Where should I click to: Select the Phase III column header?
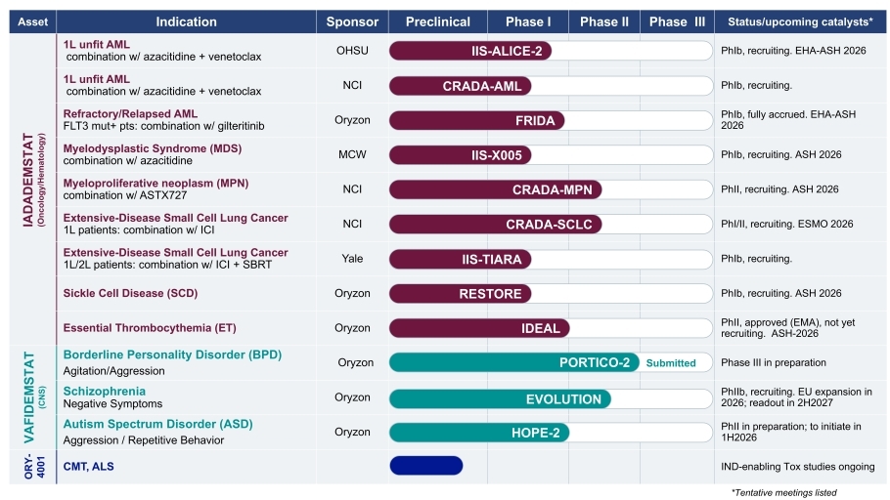[x=676, y=21]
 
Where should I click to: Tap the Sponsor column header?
[x=352, y=21]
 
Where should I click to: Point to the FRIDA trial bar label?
[x=535, y=121]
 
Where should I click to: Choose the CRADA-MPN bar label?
[x=552, y=189]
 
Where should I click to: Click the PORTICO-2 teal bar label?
[x=594, y=362]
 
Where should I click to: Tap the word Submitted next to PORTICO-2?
[x=670, y=363]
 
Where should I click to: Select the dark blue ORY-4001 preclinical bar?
[x=425, y=466]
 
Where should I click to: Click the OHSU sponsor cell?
[x=352, y=51]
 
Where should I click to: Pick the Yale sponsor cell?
[x=352, y=259]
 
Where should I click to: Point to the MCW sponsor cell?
[x=352, y=154]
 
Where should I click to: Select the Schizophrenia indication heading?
[x=105, y=391]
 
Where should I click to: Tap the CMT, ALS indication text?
[x=89, y=467]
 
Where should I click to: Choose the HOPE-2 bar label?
[x=535, y=433]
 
